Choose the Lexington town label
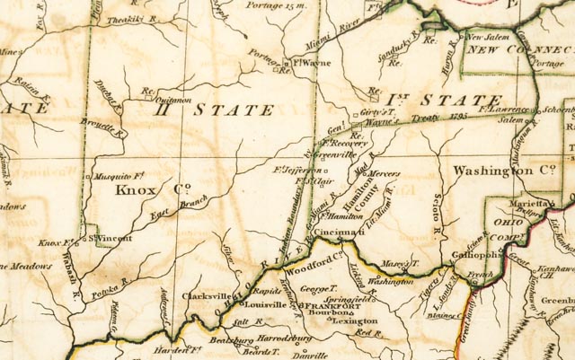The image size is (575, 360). [355, 320]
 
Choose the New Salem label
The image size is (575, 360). [491, 38]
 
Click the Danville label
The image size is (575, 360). [310, 356]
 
